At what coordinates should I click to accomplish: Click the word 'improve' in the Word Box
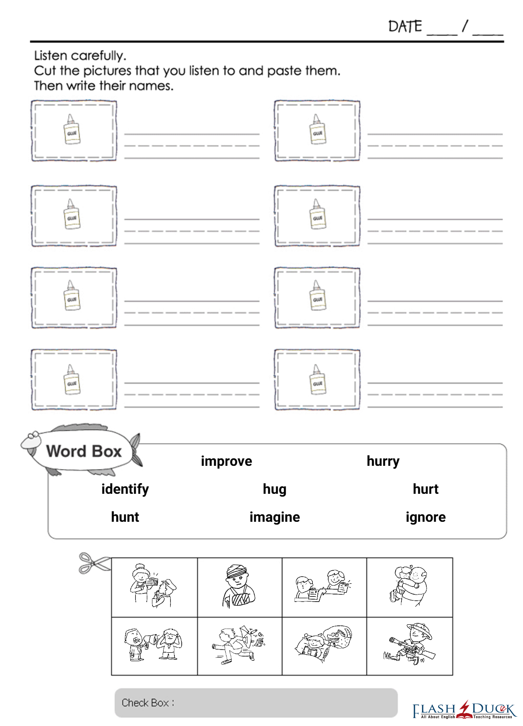coord(226,461)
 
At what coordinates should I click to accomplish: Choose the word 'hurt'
coord(426,489)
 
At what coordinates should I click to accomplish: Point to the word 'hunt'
coord(125,517)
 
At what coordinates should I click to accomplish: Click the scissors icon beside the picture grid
coord(94,563)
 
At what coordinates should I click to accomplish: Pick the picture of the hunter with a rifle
coord(409,645)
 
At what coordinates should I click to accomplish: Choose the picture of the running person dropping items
coord(239,645)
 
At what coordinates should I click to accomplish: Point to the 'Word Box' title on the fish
coord(83,451)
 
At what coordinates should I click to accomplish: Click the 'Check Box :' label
coord(148,703)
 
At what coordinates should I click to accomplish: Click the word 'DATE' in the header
coord(405,26)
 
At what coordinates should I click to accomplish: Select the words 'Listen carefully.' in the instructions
coord(80,56)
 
